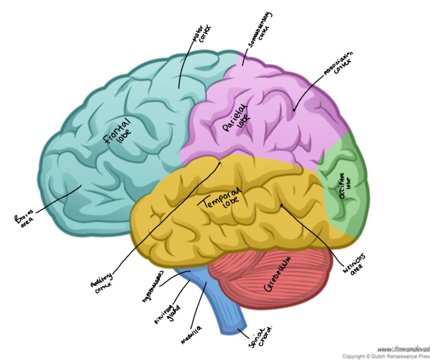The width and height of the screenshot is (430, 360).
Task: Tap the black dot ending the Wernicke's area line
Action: click(282, 205)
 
